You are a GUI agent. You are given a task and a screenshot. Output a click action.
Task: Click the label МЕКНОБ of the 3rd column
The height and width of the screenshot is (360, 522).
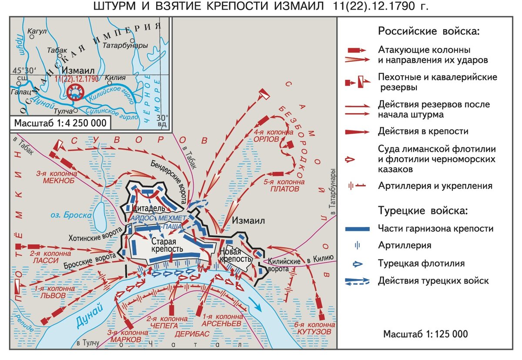59,180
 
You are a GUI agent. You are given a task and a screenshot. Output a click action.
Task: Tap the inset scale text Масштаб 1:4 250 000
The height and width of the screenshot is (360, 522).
60,123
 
